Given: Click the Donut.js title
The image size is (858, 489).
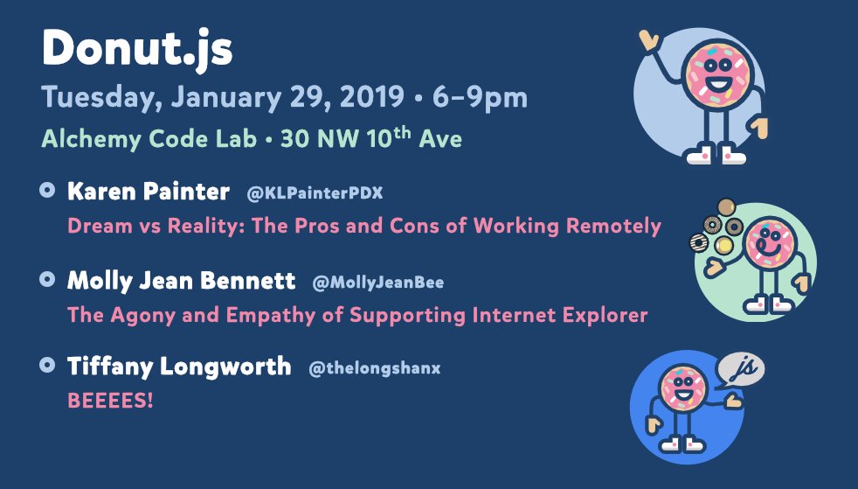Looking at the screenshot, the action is pyautogui.click(x=137, y=49).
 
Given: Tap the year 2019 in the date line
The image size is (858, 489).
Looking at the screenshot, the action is pyautogui.click(x=371, y=97).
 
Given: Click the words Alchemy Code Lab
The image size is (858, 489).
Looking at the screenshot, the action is pyautogui.click(x=149, y=139).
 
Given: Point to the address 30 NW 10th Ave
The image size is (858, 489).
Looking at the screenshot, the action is pyautogui.click(x=371, y=138).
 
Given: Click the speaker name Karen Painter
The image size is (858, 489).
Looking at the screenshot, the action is pyautogui.click(x=149, y=191).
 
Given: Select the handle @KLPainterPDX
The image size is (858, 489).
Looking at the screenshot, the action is pyautogui.click(x=315, y=193).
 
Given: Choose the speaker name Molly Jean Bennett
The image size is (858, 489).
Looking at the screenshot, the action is pyautogui.click(x=181, y=281).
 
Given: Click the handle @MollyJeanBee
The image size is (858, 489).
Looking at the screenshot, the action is pyautogui.click(x=378, y=283).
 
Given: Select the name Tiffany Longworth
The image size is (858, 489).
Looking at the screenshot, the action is pyautogui.click(x=179, y=367).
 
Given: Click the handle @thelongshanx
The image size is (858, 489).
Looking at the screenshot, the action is pyautogui.click(x=374, y=368).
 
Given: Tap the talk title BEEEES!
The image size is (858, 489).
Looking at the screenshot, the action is pyautogui.click(x=110, y=401).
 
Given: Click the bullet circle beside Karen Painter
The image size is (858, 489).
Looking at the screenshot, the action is pyautogui.click(x=47, y=190).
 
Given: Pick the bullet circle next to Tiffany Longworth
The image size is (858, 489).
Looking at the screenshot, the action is pyautogui.click(x=47, y=366).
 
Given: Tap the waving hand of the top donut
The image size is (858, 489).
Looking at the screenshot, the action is pyautogui.click(x=649, y=40).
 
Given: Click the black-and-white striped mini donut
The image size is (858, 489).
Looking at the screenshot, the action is pyautogui.click(x=699, y=242).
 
